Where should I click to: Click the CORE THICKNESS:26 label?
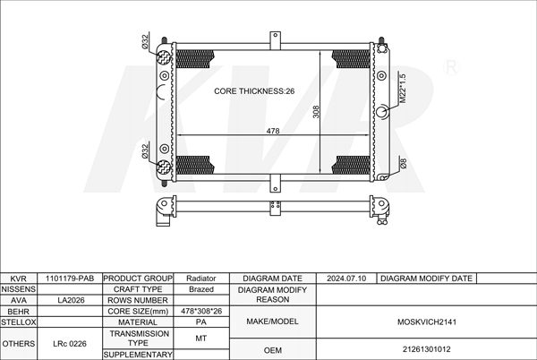[254, 91]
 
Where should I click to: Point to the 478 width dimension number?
[273, 131]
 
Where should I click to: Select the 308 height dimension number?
[316, 112]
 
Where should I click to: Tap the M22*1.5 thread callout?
[403, 89]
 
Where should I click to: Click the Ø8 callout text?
[403, 163]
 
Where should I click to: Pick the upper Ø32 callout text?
[145, 42]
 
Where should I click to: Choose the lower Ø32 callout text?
[145, 151]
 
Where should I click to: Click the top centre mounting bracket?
[275, 40]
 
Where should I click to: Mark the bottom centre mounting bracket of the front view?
[275, 183]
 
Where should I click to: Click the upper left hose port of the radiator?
[164, 57]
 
